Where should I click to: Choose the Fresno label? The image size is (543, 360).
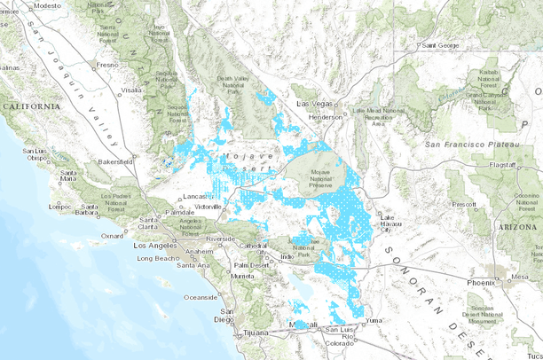107,65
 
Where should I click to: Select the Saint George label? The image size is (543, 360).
440,44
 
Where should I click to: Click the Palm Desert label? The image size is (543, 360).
251,264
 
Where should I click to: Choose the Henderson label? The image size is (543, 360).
325,116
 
